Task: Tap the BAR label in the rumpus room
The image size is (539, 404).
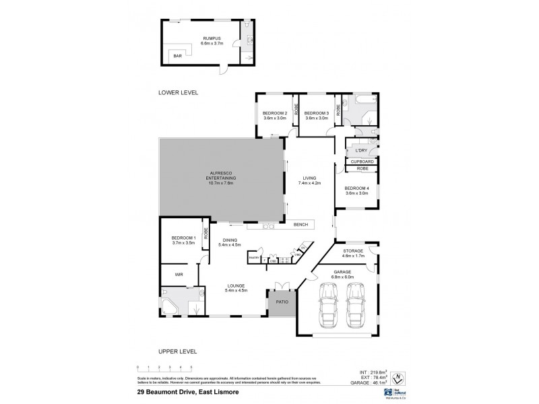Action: (x=178, y=57)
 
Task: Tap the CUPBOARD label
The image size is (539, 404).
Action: (x=362, y=162)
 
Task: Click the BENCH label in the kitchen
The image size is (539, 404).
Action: (x=300, y=224)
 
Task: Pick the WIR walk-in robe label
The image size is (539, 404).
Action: (x=179, y=275)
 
